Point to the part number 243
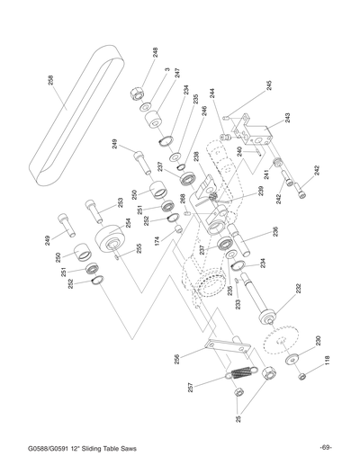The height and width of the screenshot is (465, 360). (286, 118)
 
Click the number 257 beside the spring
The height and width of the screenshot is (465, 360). (190, 388)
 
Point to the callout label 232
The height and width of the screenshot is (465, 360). (298, 289)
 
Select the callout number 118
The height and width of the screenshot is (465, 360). (328, 361)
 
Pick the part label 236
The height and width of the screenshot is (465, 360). (274, 231)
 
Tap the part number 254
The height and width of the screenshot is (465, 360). (128, 222)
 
